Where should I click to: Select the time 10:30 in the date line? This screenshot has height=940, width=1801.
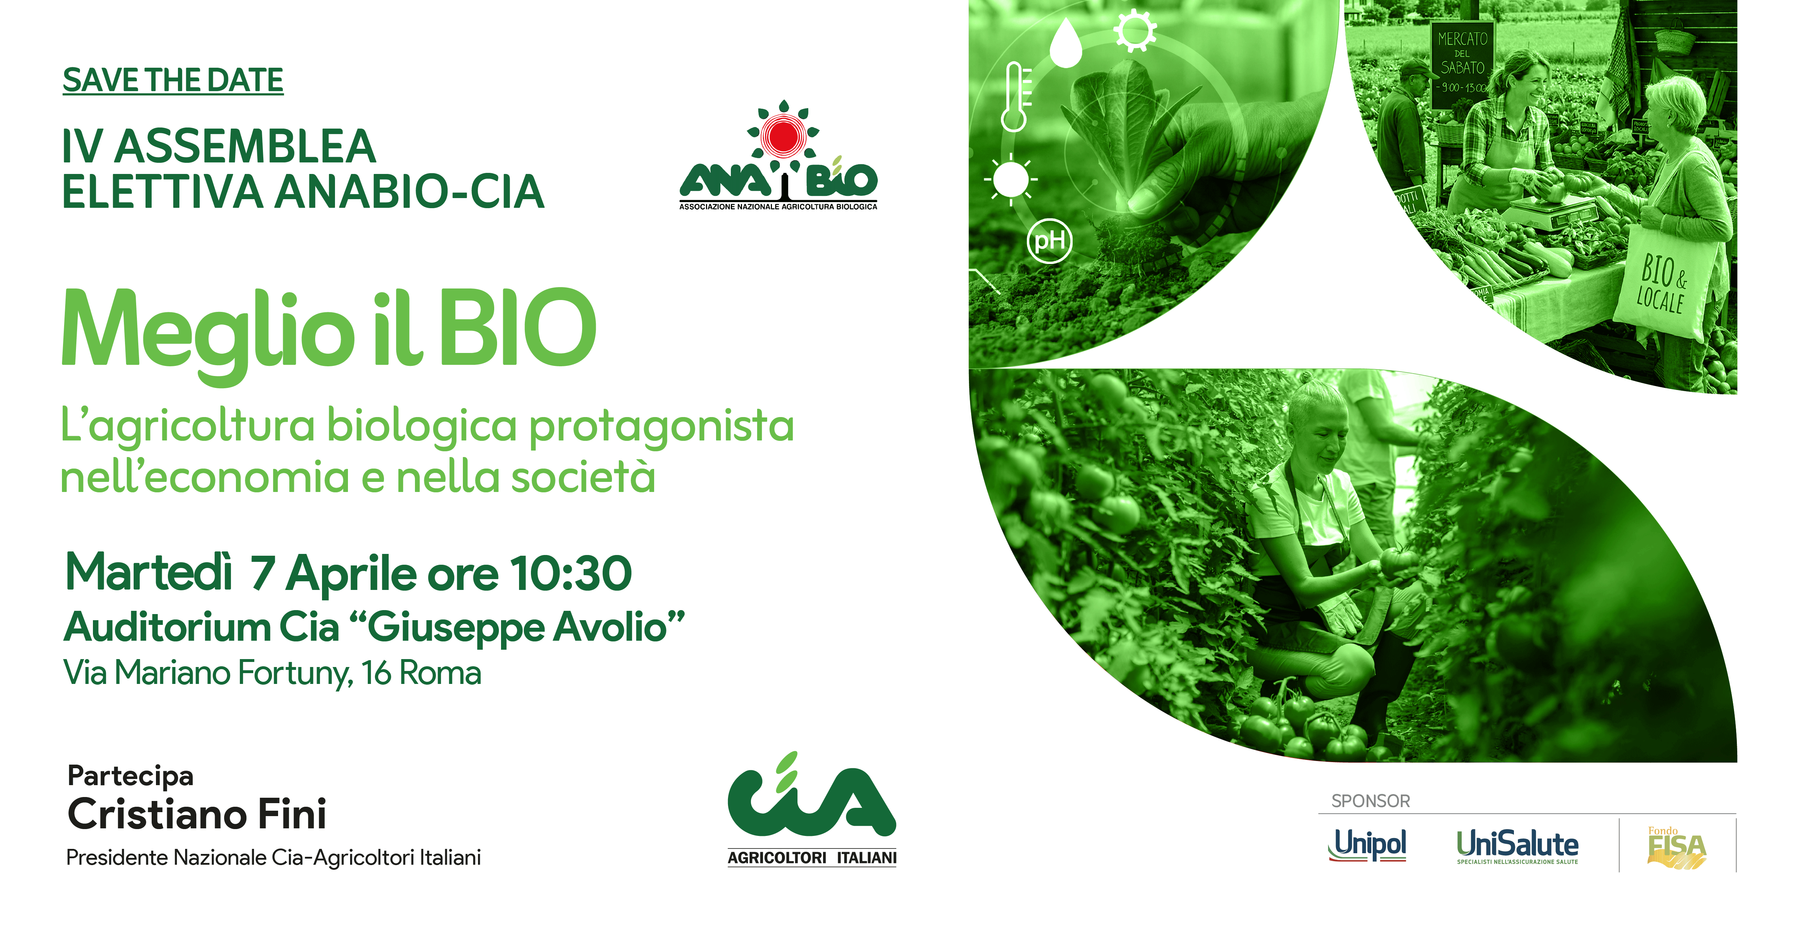(x=571, y=574)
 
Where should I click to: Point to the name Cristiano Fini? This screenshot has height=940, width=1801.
(x=197, y=814)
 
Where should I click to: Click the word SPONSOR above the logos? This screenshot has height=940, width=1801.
(x=1370, y=801)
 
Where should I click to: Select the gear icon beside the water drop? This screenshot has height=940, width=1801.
(x=1135, y=30)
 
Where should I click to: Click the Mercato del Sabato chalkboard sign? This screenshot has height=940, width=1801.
(x=1462, y=64)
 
